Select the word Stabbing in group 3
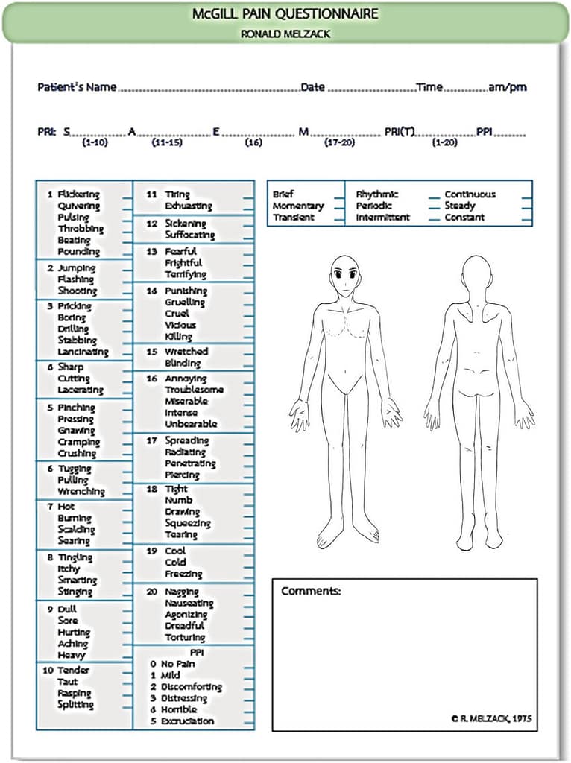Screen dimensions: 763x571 click(x=78, y=341)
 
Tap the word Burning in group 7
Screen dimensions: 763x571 click(x=75, y=518)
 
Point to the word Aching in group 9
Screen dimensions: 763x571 click(x=73, y=644)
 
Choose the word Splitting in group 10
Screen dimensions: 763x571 click(x=75, y=705)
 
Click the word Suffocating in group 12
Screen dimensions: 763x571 click(x=189, y=235)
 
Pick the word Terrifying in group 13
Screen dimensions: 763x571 click(x=186, y=274)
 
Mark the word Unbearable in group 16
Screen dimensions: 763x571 click(x=191, y=424)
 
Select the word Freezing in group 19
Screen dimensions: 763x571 click(x=183, y=574)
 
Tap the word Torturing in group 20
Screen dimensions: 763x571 click(x=185, y=638)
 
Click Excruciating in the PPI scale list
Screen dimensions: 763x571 click(x=187, y=721)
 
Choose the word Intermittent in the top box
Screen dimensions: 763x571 click(x=382, y=218)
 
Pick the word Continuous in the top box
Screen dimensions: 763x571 click(x=470, y=194)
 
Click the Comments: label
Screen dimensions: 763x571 click(x=311, y=592)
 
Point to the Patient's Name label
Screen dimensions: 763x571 click(x=77, y=87)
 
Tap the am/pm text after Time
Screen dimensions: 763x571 click(x=507, y=87)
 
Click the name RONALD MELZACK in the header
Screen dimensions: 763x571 click(x=285, y=34)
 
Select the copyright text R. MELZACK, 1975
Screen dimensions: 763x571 click(x=492, y=719)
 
